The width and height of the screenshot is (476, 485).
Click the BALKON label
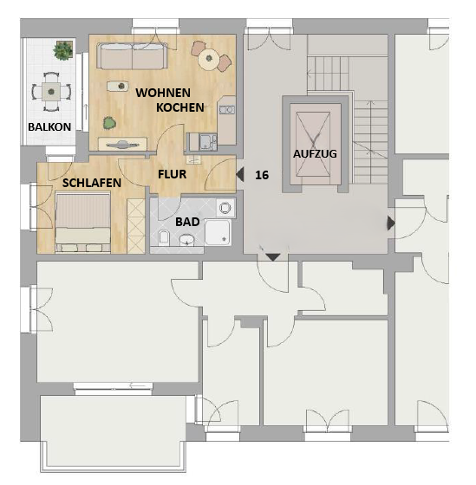click(x=49, y=126)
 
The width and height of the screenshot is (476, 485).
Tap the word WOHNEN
click(x=163, y=93)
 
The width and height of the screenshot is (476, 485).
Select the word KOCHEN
click(x=180, y=107)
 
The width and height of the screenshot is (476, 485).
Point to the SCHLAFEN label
click(x=92, y=183)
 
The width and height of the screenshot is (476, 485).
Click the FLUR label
click(x=173, y=174)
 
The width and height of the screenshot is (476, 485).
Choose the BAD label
click(x=187, y=222)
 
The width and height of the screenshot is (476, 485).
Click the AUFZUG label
click(x=315, y=154)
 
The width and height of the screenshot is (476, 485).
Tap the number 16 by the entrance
click(x=262, y=175)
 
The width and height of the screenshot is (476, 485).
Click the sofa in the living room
click(x=133, y=55)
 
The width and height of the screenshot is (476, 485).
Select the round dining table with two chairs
click(x=211, y=57)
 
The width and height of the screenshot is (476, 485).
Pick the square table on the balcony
click(x=51, y=92)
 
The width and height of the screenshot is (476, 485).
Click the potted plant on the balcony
click(x=63, y=50)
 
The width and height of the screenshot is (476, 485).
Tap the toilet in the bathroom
click(x=164, y=237)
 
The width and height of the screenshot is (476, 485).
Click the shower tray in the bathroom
click(x=218, y=233)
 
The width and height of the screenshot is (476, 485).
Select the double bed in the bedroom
click(x=82, y=222)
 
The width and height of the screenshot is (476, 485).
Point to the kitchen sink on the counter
click(x=227, y=110)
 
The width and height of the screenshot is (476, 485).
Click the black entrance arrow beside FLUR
click(x=240, y=174)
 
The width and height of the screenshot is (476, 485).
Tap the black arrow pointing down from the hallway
click(x=273, y=256)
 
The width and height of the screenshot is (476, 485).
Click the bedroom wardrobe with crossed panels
click(x=136, y=226)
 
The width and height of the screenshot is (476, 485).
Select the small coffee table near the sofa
click(x=118, y=86)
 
